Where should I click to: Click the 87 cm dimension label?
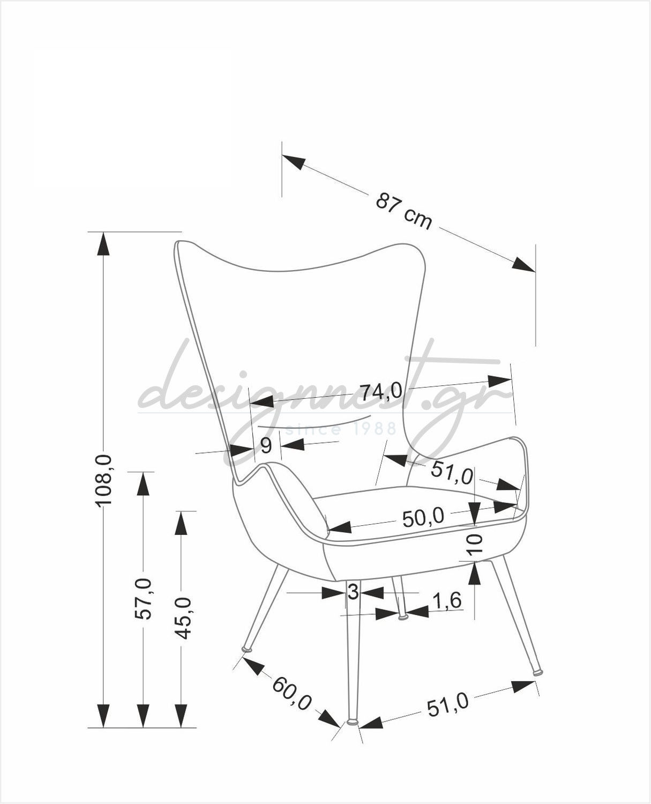coord(403,211)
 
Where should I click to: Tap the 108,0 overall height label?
coord(103,480)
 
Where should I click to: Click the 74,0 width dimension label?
coord(381,392)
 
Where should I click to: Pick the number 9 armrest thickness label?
coord(266,446)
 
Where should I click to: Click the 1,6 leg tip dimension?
coord(447,600)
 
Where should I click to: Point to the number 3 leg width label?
coord(353,592)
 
